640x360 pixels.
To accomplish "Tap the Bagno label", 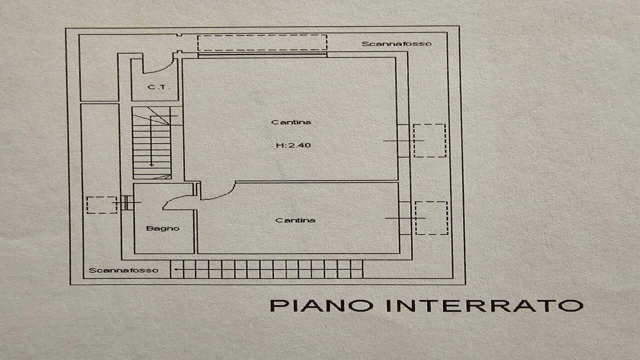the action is click(x=163, y=228).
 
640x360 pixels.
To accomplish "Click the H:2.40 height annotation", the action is click(x=293, y=145).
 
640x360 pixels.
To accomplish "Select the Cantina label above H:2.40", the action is click(x=291, y=122).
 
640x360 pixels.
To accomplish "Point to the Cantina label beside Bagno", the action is click(x=295, y=220).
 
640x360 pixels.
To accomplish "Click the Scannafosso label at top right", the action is click(x=396, y=43).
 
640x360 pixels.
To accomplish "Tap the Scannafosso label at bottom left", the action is click(x=123, y=270).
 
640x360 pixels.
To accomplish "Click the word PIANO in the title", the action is click(x=321, y=305).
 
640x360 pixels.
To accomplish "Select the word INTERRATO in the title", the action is click(x=484, y=305).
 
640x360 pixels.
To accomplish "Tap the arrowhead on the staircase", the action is click(x=151, y=164).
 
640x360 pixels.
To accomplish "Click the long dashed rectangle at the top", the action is click(x=262, y=42).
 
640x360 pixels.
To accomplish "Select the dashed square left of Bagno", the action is click(x=101, y=205).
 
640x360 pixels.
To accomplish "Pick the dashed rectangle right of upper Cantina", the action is click(x=429, y=140).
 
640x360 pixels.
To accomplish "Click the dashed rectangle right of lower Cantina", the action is click(x=431, y=218).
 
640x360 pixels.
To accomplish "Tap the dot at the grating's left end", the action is click(x=175, y=269).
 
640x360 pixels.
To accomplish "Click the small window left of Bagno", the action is click(x=127, y=202).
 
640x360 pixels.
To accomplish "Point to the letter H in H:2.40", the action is click(x=279, y=145).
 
